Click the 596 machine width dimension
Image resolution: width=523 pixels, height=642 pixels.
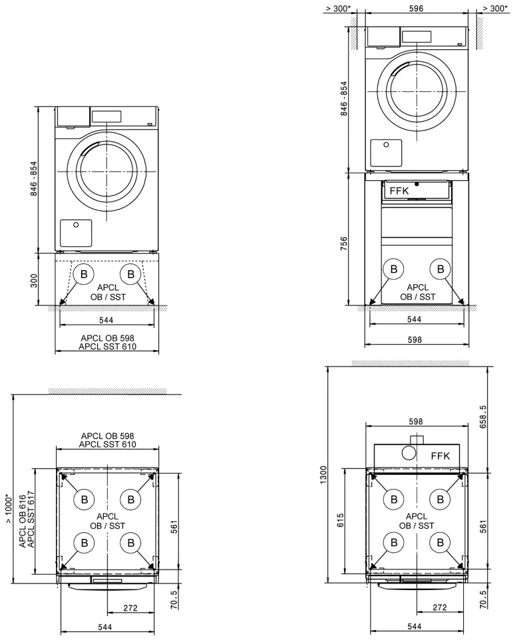415,9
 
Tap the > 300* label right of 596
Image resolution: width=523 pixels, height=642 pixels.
495,9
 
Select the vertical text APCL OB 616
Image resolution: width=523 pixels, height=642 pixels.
23,521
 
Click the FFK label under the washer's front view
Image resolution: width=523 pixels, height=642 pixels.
399,190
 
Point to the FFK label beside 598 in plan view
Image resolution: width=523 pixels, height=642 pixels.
440,456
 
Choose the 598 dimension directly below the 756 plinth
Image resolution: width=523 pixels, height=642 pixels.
414,339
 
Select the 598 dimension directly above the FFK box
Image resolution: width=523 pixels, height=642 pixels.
416,421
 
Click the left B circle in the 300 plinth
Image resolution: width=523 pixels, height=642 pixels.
85,274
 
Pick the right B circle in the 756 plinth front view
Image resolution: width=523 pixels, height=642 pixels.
439,269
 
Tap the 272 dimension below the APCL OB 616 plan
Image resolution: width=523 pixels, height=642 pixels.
131,608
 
